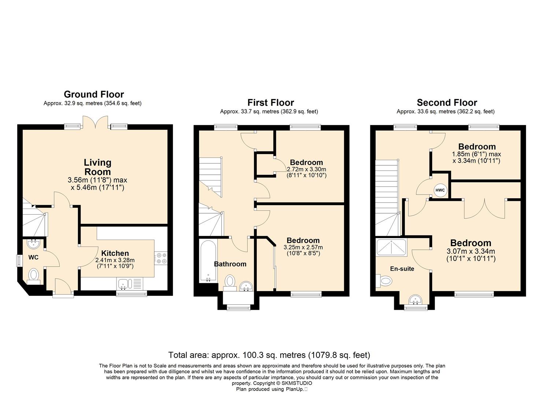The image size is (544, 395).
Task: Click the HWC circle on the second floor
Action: click(440, 190)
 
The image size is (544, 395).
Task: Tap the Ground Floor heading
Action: click(94, 94)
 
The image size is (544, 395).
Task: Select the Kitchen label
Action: click(115, 253)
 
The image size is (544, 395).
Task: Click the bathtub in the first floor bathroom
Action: click(208, 261)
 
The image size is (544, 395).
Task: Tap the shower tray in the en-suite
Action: click(391, 248)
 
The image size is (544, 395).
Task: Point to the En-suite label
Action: click(402, 269)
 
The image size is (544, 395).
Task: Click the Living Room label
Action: click(98, 167)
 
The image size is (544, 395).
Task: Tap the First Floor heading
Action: click(271, 102)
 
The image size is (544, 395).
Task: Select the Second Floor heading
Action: click(447, 102)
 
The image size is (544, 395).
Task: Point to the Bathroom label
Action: click(230, 264)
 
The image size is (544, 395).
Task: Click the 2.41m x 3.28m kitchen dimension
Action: click(115, 260)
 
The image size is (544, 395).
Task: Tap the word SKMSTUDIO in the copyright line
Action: click(297, 383)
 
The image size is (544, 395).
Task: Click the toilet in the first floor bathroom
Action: click(230, 283)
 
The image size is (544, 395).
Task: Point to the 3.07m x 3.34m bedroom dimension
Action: click(471, 252)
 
